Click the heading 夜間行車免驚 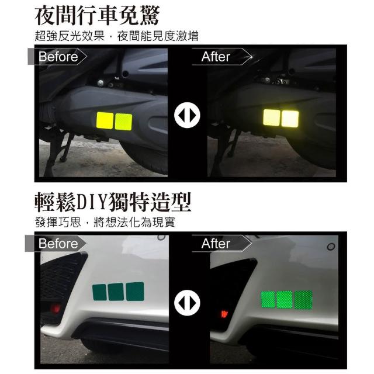tap(98, 16)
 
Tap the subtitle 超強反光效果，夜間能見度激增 tap(117, 36)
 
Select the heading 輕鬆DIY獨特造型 tap(113, 203)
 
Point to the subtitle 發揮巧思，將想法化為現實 tap(105, 222)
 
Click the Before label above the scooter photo tap(58, 57)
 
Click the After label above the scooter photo tap(216, 57)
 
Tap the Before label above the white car tap(58, 244)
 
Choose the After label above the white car tap(216, 244)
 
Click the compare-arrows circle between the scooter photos tap(187, 115)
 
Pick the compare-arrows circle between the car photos tap(187, 303)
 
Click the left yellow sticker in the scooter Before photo tap(105, 121)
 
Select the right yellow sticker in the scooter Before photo tap(123, 122)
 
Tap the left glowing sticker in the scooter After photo tap(271, 117)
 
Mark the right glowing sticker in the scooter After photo tap(290, 119)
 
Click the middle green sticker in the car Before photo tap(116, 292)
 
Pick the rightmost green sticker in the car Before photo tap(135, 292)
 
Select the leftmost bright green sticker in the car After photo tap(268, 300)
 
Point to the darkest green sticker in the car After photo tap(303, 300)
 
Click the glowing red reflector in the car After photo tap(224, 314)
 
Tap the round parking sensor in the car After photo tap(331, 247)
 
